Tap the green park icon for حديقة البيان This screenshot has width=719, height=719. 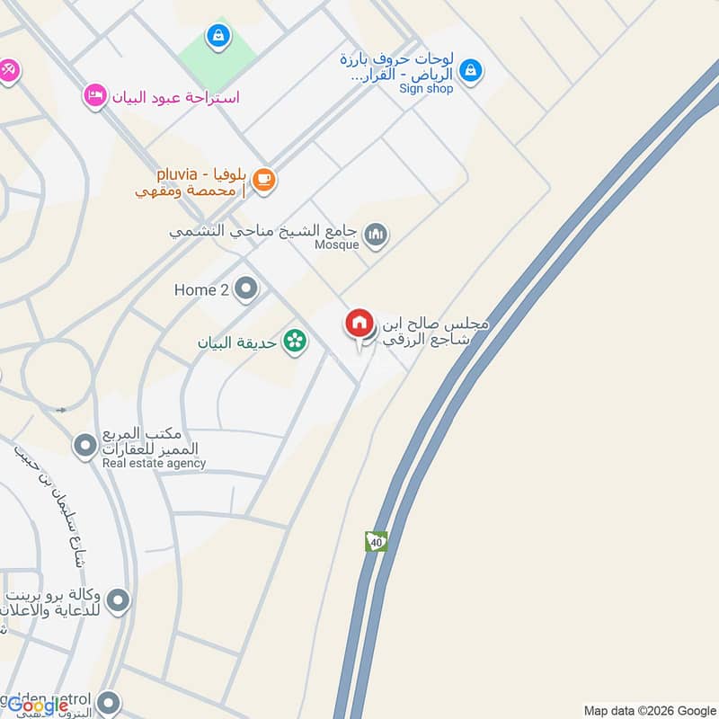293,342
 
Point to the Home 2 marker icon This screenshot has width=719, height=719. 245,289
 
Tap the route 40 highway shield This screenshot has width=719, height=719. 376,542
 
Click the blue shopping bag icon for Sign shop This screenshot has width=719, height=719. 469,69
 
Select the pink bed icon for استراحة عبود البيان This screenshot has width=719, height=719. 94,95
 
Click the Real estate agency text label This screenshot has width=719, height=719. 154,464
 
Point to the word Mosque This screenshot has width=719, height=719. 337,244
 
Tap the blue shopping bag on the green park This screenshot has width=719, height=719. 217,36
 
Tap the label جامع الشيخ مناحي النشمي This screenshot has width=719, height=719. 265,231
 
